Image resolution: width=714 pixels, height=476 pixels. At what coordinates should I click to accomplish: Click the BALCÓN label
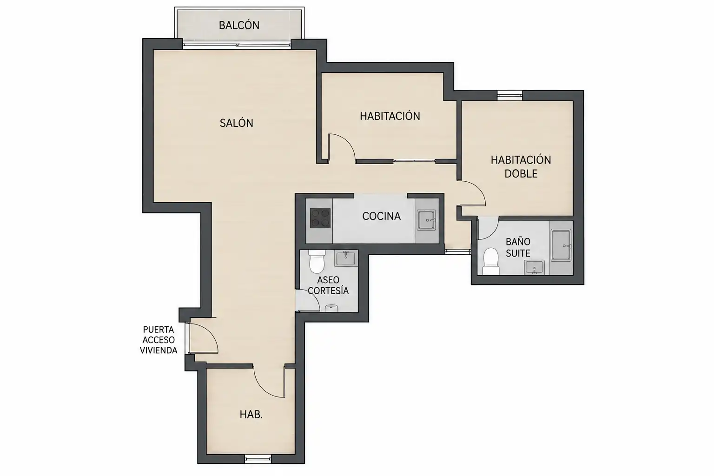coord(239,25)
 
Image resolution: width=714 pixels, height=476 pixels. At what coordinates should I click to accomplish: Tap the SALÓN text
coord(237,123)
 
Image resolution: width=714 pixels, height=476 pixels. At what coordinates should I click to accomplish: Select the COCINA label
coord(381,216)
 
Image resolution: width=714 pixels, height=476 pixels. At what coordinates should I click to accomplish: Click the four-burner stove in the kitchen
coord(320,218)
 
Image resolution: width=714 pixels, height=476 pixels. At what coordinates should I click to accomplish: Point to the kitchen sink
coord(426,220)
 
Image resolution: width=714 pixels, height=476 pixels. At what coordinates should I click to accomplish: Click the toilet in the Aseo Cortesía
coord(317,261)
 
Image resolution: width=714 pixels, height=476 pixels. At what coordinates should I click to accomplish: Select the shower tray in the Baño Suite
coord(561,245)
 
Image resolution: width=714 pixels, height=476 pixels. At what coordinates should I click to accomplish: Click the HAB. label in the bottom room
coord(251,415)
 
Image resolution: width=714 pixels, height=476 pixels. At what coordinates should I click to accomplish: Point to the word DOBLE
coord(521,174)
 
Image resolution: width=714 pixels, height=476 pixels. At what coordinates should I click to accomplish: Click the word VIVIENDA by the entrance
coord(159,350)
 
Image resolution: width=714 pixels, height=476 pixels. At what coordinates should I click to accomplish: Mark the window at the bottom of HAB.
coord(258,459)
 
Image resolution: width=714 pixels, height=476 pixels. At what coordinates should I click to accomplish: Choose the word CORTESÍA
coord(328,291)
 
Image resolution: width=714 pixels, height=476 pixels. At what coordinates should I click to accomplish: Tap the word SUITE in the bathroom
coord(518,253)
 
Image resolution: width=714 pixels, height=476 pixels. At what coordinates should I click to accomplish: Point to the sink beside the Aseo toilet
coord(345,258)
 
